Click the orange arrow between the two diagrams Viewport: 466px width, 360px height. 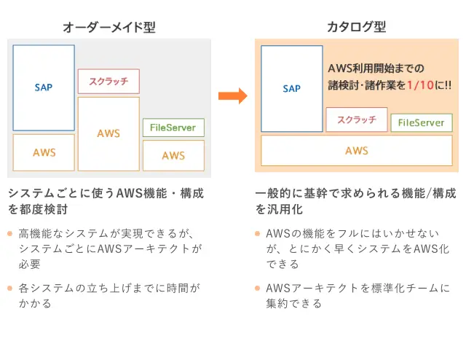point(233,95)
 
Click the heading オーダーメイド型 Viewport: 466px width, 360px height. point(109,28)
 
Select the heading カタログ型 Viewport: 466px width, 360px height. point(356,27)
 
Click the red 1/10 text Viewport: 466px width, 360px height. point(421,85)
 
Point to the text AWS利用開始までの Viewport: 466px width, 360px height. point(376,69)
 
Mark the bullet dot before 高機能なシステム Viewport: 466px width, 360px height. point(9,233)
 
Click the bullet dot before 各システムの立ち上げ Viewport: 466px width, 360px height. point(9,288)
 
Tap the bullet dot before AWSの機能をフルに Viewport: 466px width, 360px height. point(257,233)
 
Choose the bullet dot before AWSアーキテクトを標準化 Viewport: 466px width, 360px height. point(257,288)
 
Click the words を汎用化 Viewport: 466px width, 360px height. point(279,209)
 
